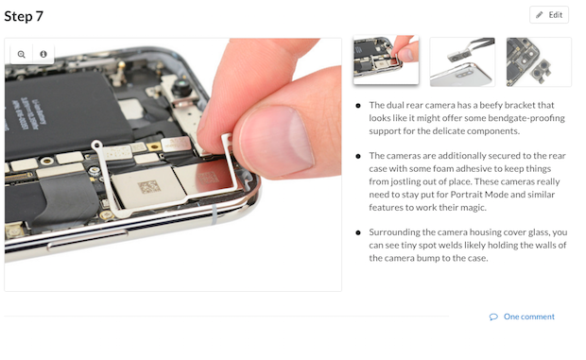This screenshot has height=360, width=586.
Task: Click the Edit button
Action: coord(548,15)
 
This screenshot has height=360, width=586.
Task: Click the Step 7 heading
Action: coord(24,16)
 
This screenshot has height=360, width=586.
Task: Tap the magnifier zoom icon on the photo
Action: coord(22,54)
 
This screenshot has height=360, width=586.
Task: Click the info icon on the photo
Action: coord(43,54)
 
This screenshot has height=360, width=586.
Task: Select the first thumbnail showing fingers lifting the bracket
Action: coord(386,60)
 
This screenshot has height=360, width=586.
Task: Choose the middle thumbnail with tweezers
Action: coord(462,62)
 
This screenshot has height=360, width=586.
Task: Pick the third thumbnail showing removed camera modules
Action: coord(539,62)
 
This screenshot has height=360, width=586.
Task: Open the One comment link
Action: coord(529,317)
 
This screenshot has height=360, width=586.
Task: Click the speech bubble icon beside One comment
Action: coord(493,317)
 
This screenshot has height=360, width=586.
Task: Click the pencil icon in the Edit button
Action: coord(539,15)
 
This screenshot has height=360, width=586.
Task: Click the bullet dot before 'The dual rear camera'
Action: coord(358,106)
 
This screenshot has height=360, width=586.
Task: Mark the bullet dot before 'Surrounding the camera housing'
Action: coord(358,232)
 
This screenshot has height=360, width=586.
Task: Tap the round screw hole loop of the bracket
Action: coord(96,145)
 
